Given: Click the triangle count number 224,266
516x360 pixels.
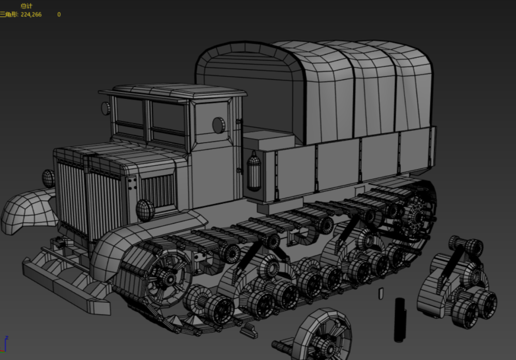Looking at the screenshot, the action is (x=31, y=14).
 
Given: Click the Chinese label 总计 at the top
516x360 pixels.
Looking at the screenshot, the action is (x=26, y=6).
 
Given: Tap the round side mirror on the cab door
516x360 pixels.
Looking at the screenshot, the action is (x=218, y=125).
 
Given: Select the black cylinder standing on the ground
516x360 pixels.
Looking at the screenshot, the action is (x=400, y=320).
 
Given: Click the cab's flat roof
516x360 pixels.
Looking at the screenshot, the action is (x=173, y=90).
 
